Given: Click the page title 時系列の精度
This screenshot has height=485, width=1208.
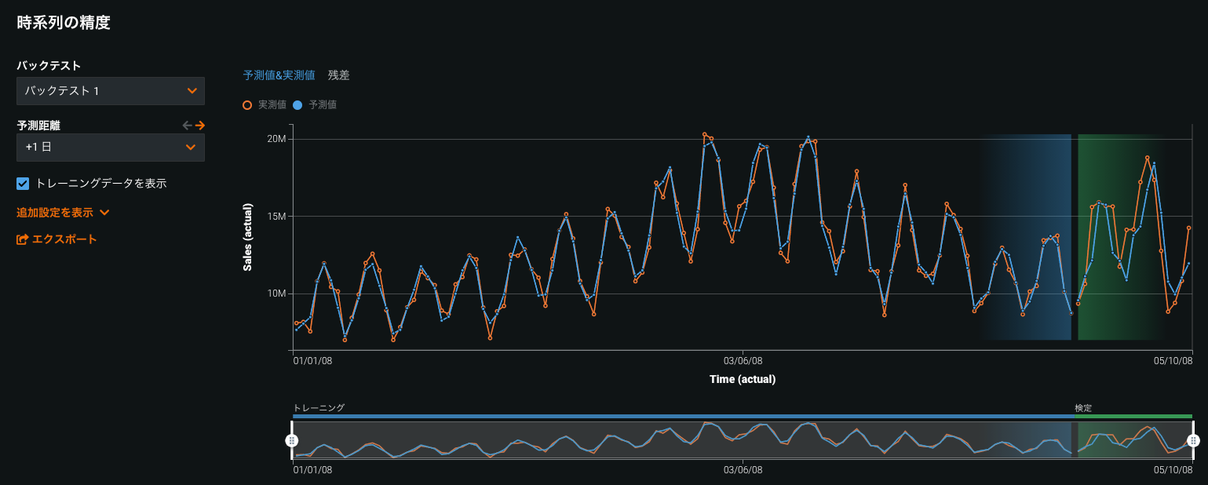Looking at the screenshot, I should [64, 23].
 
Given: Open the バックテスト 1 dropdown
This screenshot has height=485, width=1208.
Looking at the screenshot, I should [111, 91].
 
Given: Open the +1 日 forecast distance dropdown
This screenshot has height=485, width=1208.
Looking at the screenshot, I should [111, 148].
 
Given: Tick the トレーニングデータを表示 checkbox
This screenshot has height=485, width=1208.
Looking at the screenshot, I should [24, 184].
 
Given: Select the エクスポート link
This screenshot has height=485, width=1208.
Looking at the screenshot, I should [57, 239].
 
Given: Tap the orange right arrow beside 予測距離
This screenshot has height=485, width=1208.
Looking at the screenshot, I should [200, 125].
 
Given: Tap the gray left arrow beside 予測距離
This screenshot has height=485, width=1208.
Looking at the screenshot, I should [187, 125].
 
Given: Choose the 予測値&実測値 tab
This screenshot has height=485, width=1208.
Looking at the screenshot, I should [279, 75].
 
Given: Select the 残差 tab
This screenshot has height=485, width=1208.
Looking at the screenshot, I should [339, 75].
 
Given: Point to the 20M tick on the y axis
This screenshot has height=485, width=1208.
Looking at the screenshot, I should [276, 139].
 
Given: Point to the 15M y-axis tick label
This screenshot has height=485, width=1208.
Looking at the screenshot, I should [276, 217].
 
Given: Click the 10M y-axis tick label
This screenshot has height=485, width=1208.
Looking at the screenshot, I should [276, 294].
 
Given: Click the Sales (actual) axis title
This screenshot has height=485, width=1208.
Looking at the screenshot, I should [247, 237].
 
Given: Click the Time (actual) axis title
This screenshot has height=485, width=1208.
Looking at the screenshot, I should [742, 379].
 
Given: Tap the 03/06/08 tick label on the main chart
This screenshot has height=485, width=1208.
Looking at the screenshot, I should [743, 361].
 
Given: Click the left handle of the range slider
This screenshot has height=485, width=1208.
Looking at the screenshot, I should [292, 440].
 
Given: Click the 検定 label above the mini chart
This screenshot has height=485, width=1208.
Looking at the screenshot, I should [1083, 408].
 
